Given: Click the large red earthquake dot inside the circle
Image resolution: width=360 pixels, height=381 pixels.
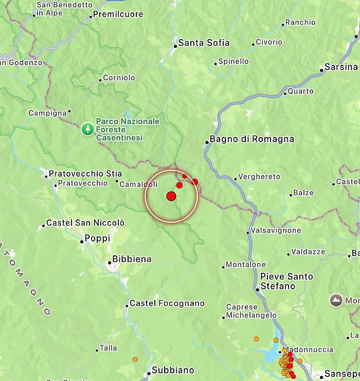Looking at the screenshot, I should (171, 196).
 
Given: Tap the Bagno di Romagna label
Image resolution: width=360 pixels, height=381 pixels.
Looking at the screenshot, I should (252, 139).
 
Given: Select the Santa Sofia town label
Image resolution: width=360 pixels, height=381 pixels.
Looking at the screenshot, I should (204, 43).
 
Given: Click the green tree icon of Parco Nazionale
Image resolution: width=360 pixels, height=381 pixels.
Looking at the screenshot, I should (88, 128).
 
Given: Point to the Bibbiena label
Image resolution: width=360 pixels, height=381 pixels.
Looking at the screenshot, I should (132, 259).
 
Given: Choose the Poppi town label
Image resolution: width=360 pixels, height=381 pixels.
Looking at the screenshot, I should (98, 238).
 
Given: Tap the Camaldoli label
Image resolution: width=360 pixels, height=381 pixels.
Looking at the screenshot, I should (138, 184).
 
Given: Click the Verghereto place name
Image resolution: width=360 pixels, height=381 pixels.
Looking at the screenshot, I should (260, 177).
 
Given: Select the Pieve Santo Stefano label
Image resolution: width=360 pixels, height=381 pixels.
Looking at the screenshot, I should (286, 281).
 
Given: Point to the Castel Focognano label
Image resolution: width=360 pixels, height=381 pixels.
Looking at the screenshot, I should (167, 303).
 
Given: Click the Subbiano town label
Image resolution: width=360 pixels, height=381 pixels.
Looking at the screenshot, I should (173, 370).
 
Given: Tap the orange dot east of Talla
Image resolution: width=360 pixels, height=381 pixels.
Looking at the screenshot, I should (135, 359).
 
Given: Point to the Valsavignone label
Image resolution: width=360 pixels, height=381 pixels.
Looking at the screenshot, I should (276, 231).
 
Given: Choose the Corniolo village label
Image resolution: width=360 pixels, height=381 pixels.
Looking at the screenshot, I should (119, 78).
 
